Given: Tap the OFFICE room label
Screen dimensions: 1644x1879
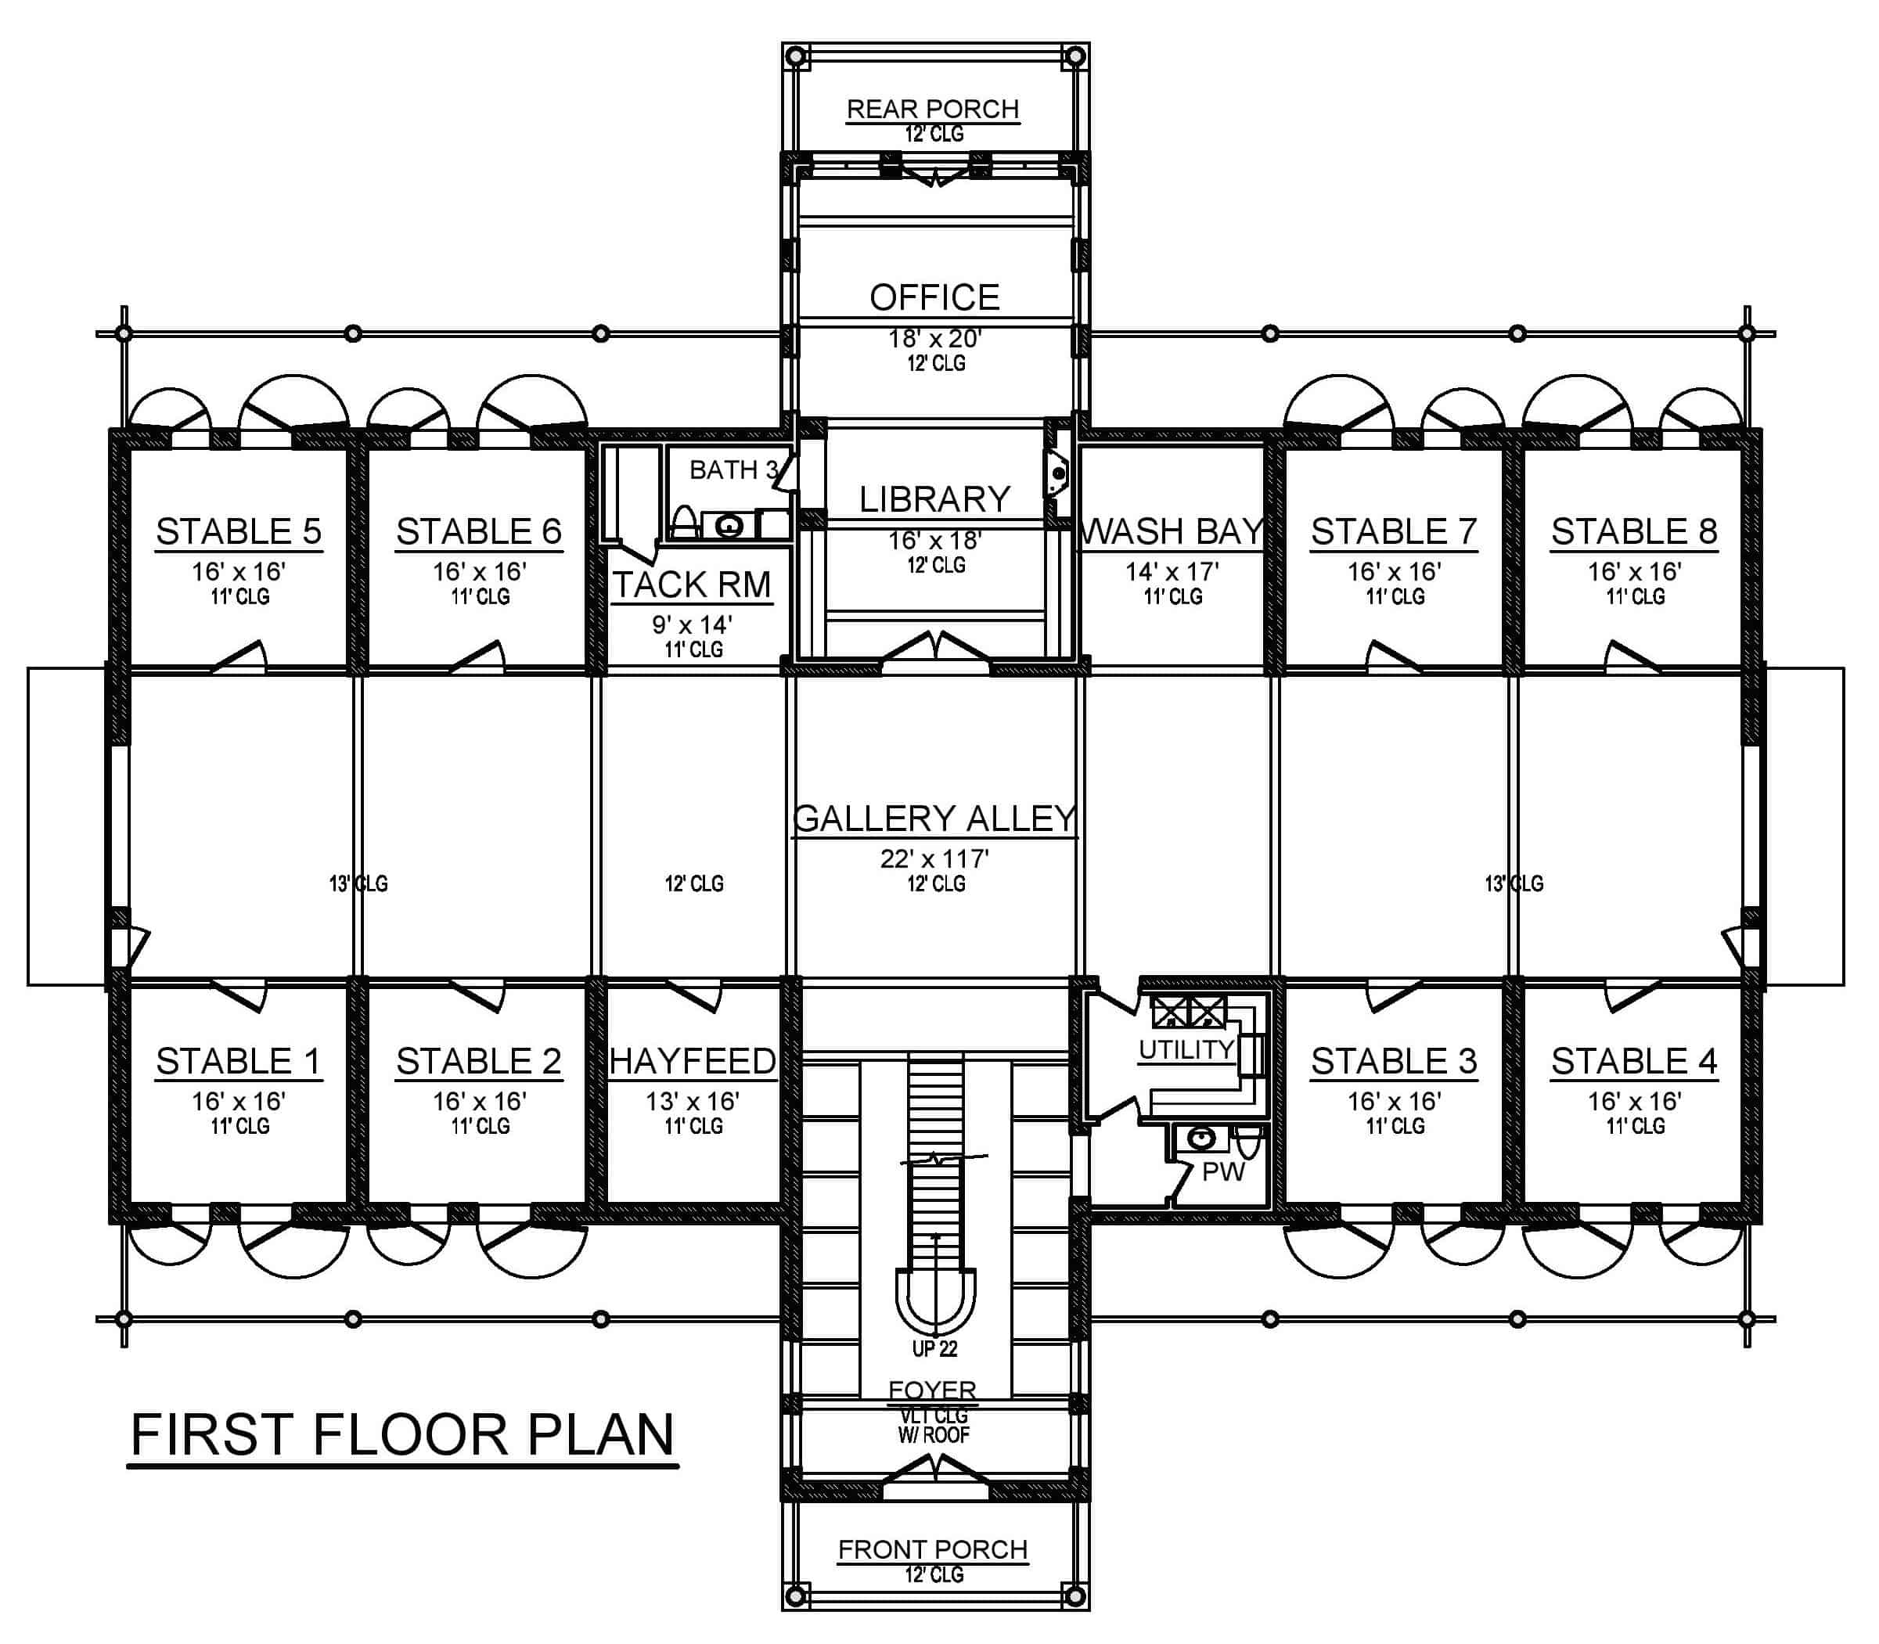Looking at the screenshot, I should pos(934,297).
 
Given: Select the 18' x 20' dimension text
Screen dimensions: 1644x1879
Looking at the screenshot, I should pos(934,339).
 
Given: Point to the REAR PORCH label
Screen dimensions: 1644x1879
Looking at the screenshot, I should pos(932,110).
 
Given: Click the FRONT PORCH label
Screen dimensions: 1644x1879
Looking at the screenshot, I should pos(932,1549).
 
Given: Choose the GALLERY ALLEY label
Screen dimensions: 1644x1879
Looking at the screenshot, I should pos(934,818).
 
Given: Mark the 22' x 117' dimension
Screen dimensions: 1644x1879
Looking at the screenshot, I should pos(934,858).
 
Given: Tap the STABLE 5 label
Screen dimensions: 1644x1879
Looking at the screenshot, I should pos(239,531).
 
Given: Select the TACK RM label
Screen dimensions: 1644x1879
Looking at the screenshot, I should pos(692,585).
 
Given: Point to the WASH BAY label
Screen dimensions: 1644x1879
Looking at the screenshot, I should pos(1172,531).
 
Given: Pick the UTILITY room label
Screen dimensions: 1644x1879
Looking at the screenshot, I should pos(1186,1049).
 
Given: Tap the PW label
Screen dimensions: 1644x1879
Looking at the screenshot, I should pos(1222,1171).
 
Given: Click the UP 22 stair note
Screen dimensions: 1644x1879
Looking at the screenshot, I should pos(934,1348).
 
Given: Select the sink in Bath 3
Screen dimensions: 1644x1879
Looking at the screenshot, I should pos(729,527).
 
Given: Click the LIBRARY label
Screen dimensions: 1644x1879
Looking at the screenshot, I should pos(934,499).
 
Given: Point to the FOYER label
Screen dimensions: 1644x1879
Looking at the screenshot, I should pos(932,1390).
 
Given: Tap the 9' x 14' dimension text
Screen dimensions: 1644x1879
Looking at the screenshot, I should pos(692,624).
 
